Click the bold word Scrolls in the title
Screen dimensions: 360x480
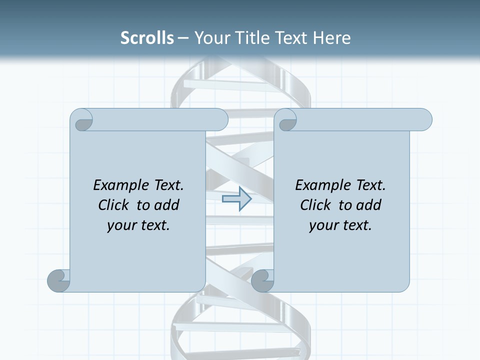[147, 38]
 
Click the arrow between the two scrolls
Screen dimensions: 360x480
[236, 199]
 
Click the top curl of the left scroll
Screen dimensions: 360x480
[82, 120]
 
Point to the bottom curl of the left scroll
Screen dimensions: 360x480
[59, 280]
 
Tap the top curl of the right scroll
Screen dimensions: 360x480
[286, 120]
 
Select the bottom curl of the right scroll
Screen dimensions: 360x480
[263, 280]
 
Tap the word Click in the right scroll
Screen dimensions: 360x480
[315, 205]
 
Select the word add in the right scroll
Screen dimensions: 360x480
[369, 205]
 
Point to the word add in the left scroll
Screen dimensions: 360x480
[167, 205]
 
